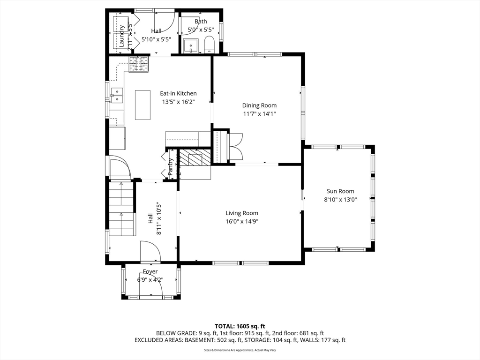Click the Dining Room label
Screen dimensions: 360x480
pos(259,105)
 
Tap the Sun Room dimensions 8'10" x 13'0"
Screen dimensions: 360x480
pos(340,199)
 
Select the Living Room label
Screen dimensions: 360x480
pos(242,213)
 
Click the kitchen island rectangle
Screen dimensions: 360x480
pos(142,105)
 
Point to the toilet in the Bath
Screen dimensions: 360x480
pos(209,45)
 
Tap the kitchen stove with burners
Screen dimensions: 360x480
pos(139,65)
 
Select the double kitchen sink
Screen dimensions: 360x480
pos(117,95)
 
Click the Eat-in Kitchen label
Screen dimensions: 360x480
pos(179,93)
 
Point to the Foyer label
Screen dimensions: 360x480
pos(150,271)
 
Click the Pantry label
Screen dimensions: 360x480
pos(171,167)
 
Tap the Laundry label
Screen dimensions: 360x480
pos(121,36)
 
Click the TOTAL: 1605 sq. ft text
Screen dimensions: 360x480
pos(240,326)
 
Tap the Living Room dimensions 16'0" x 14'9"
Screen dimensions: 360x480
pos(242,221)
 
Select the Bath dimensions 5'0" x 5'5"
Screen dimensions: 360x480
pos(201,30)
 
